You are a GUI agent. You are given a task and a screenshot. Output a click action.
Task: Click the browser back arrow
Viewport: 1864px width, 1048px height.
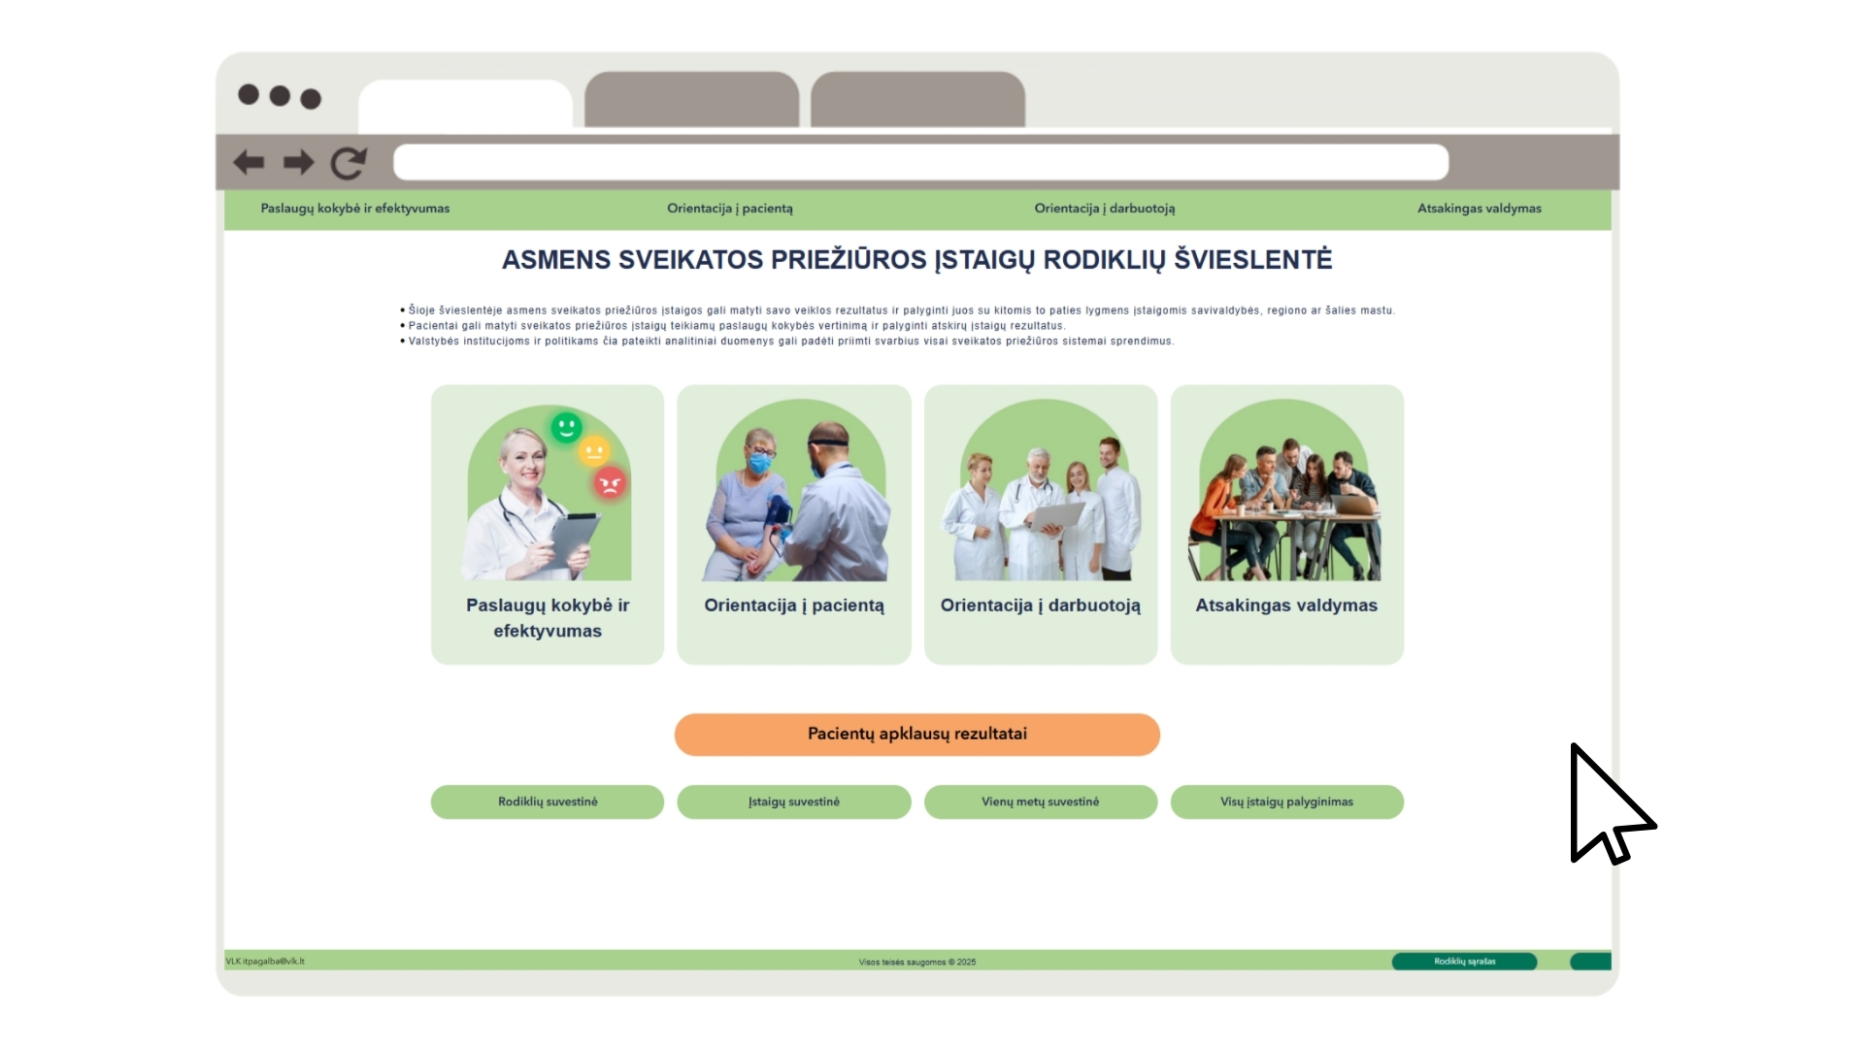(x=249, y=162)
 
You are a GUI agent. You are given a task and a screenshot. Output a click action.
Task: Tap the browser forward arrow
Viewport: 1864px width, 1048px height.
(x=299, y=162)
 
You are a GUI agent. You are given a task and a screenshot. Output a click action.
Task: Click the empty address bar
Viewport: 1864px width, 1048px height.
(x=920, y=162)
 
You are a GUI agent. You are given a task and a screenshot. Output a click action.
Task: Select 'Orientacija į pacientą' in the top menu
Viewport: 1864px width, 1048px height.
(x=730, y=209)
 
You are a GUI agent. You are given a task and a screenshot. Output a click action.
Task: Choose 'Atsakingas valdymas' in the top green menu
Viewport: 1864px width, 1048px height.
(x=1480, y=209)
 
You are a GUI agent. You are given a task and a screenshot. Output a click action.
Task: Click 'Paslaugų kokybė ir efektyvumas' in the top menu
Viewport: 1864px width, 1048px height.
(x=355, y=209)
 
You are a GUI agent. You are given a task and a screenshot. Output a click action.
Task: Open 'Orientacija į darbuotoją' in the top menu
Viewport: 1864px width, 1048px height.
(x=1105, y=209)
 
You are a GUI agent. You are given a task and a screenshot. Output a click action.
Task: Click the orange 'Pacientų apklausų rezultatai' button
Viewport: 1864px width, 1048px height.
(x=917, y=735)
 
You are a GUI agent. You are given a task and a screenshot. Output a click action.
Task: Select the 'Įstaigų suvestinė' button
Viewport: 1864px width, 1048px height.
(x=794, y=802)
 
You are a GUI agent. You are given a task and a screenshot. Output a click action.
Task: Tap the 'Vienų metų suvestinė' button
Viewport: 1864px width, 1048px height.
(x=1041, y=802)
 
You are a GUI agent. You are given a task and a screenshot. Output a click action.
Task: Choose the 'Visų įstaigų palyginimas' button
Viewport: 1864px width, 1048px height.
(x=1287, y=802)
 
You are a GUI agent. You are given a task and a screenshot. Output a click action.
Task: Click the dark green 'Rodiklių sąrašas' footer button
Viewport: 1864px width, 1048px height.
(x=1465, y=962)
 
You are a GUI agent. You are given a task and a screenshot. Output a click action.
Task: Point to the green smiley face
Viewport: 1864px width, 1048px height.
(x=566, y=427)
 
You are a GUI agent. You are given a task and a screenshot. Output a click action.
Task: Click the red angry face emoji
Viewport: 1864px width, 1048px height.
(x=610, y=482)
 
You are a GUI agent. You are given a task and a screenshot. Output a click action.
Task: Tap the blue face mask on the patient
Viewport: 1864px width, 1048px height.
(x=759, y=463)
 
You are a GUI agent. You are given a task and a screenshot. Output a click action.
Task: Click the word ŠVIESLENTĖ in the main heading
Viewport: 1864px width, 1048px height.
(x=1253, y=260)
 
